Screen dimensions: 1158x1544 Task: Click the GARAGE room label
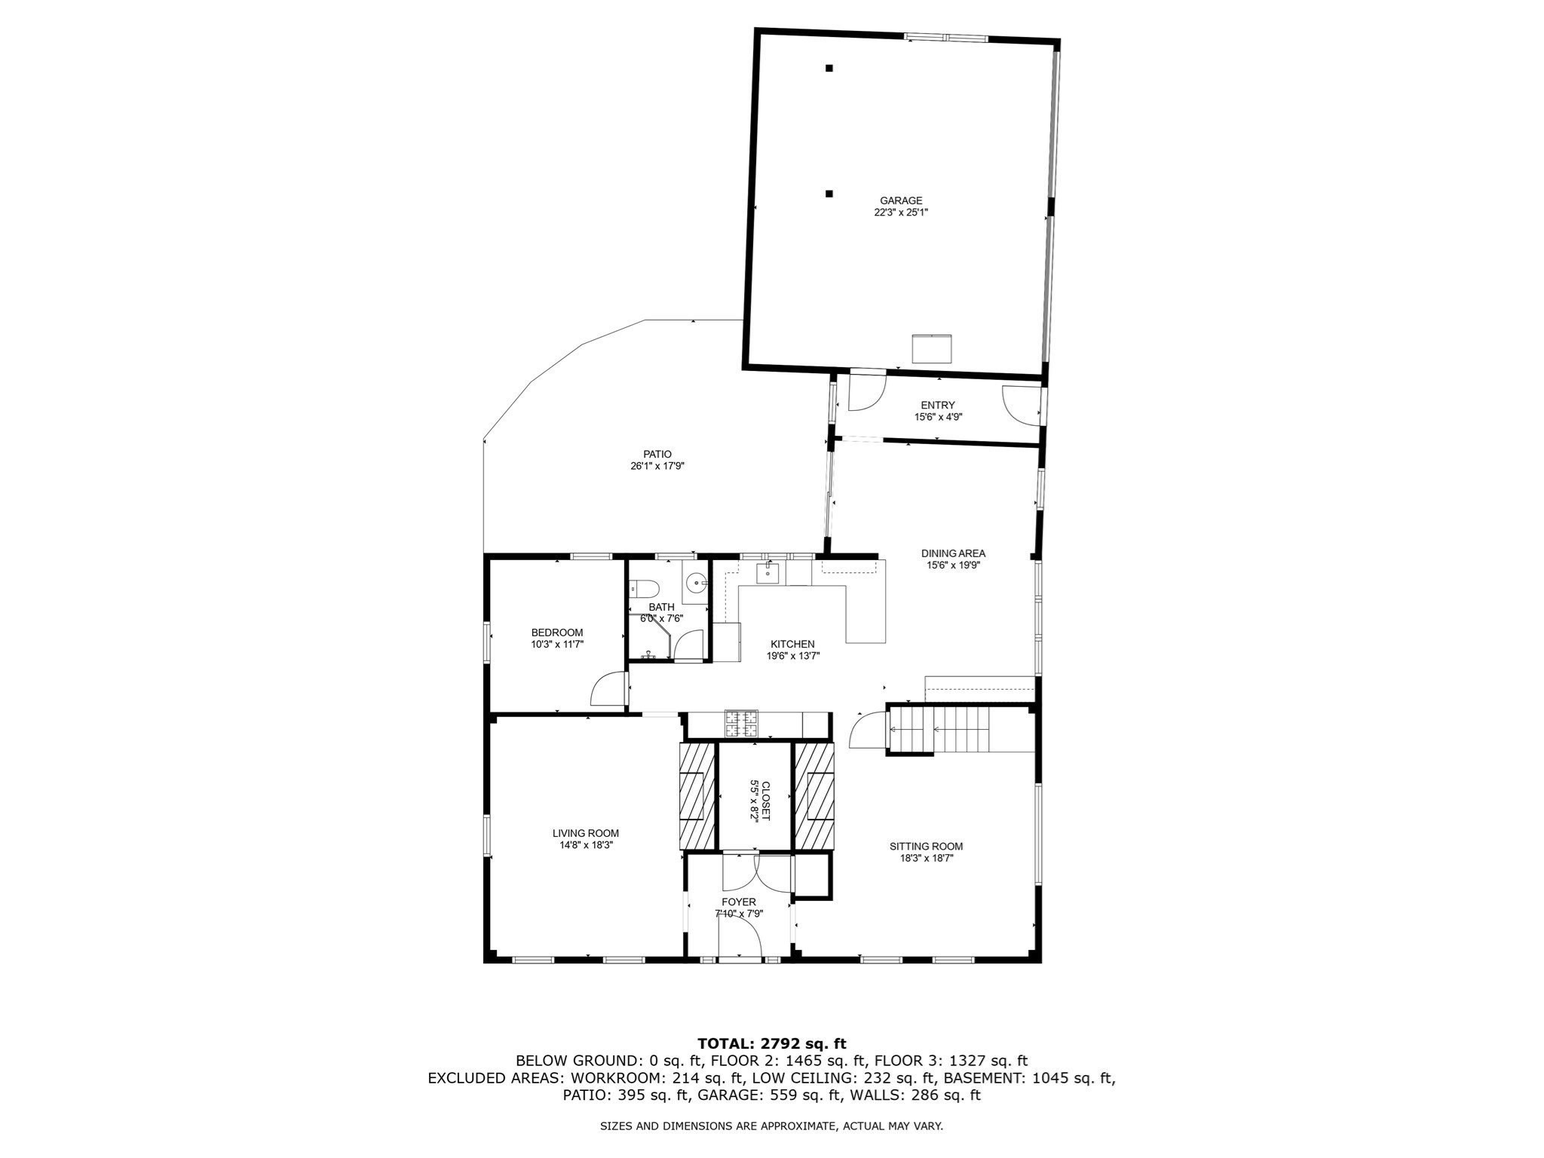(x=901, y=201)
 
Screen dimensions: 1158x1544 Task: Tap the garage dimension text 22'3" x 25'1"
(x=901, y=213)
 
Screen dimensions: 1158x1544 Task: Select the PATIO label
(x=657, y=454)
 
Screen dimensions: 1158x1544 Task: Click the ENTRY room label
(x=937, y=405)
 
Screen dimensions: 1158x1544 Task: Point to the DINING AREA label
(x=953, y=553)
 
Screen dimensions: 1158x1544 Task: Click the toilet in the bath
(x=645, y=587)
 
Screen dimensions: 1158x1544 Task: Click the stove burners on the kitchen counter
(x=740, y=723)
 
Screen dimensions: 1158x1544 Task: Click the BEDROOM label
(x=556, y=633)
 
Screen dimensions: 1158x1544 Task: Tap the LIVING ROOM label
(x=585, y=833)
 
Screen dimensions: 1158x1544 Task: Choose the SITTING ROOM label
(x=926, y=846)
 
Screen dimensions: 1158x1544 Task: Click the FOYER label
(x=738, y=902)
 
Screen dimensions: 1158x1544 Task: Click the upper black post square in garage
(x=829, y=69)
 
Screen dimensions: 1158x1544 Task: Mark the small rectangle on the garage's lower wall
(x=932, y=349)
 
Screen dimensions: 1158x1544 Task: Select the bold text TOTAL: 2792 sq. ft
(x=771, y=1044)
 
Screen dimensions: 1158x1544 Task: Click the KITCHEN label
(x=792, y=644)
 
